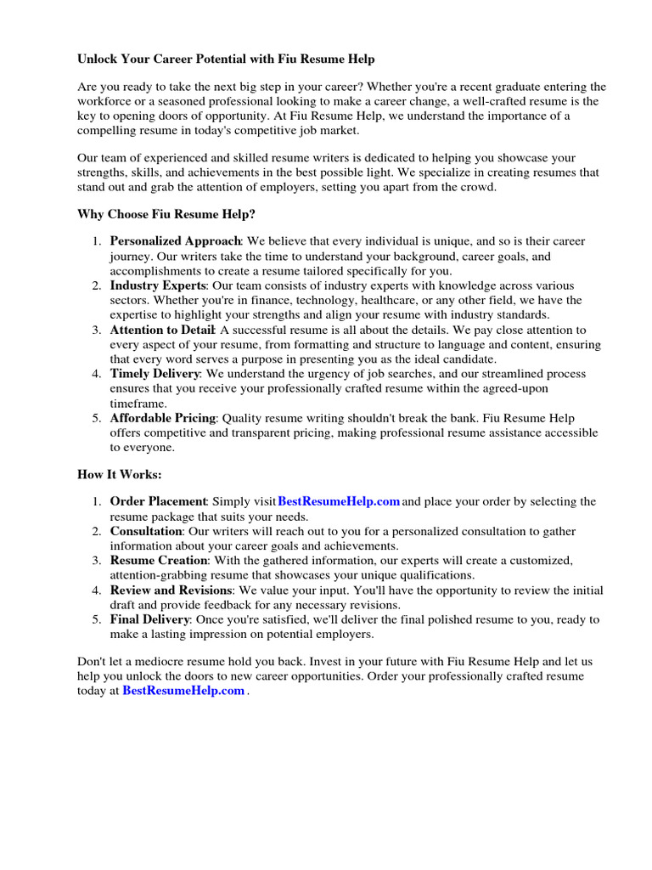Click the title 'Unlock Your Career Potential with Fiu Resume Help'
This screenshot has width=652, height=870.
(x=226, y=59)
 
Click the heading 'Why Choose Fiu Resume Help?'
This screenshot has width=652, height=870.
(x=166, y=215)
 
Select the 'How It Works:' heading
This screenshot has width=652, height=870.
(x=119, y=474)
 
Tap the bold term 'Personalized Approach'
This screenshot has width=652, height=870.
(x=176, y=241)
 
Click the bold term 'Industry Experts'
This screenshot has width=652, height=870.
(x=159, y=285)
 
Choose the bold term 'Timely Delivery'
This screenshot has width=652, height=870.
(x=155, y=374)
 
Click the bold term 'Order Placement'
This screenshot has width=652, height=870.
(x=158, y=501)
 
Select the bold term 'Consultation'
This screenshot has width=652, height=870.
(x=146, y=531)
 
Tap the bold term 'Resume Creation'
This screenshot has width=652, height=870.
(x=159, y=561)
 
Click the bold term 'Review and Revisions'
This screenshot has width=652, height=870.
(x=171, y=590)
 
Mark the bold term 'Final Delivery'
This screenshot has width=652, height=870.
(x=149, y=620)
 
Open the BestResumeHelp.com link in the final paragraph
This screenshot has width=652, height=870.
(x=183, y=692)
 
